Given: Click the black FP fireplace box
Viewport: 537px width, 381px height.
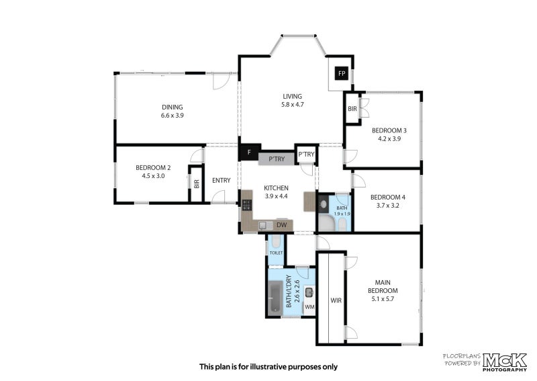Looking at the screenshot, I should pos(341,73).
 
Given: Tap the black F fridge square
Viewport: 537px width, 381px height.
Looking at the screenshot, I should pos(249,153).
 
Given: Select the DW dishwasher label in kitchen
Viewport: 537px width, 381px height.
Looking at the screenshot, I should pos(281,225).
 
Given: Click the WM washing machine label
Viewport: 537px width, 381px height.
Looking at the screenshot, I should pos(309,307).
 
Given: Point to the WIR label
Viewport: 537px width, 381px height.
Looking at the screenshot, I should pos(336,300).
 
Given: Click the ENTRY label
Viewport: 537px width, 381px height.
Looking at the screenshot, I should pos(221,180).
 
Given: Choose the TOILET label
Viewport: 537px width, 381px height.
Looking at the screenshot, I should pos(276,253).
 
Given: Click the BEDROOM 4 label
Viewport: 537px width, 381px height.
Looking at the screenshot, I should pos(388,197).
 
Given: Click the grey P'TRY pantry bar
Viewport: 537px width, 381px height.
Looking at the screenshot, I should pos(276,159).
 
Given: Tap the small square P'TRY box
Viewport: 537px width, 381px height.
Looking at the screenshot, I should pos(306,155).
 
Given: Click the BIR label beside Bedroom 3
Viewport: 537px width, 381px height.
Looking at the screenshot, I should pos(352,109).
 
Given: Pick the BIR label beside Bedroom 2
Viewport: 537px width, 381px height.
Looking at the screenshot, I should pos(196,183).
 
